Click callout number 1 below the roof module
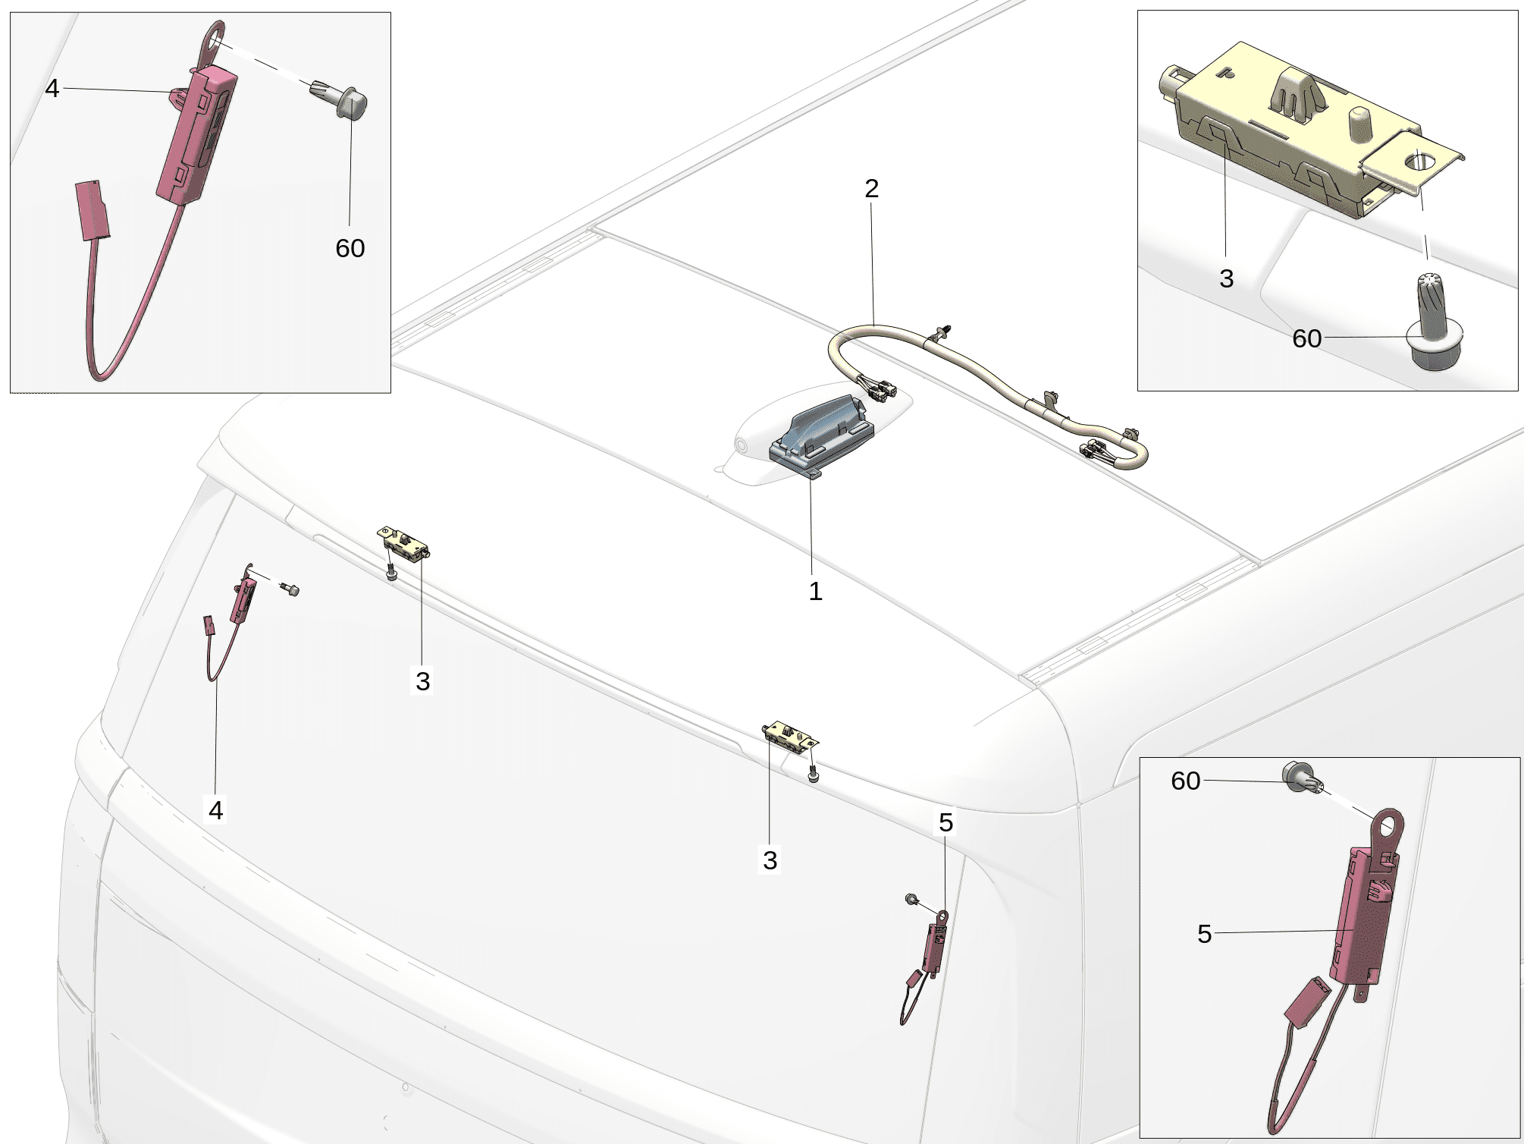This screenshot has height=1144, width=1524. [x=815, y=591]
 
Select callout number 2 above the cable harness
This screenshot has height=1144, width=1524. [x=872, y=188]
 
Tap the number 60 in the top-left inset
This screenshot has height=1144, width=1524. [x=350, y=248]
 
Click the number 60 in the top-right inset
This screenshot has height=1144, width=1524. [x=1307, y=338]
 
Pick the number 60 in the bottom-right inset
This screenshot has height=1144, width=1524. [x=1186, y=781]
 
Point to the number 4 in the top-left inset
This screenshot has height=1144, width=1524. [x=52, y=88]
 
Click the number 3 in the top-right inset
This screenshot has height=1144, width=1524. [x=1227, y=278]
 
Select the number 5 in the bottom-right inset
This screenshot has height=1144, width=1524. [x=1205, y=934]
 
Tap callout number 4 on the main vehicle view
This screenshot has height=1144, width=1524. [x=216, y=810]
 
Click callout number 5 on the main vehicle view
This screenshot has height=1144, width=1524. [x=946, y=822]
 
